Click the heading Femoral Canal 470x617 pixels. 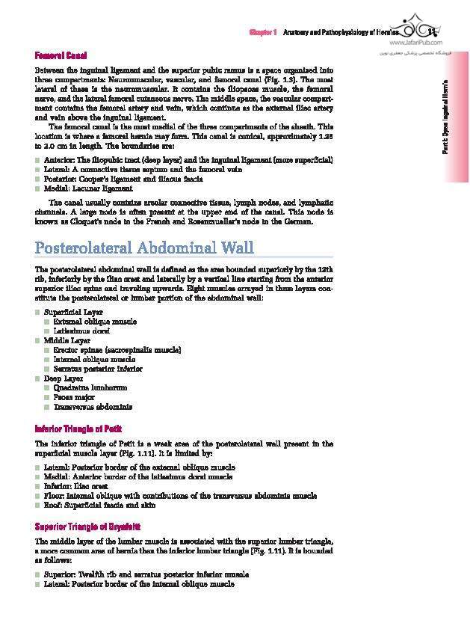(61, 55)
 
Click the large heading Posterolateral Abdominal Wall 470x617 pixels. (144, 248)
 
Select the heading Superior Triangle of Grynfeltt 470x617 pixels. (87, 527)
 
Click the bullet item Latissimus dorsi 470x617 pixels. (81, 331)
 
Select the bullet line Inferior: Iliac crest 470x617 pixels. (74, 486)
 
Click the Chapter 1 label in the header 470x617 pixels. (264, 34)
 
